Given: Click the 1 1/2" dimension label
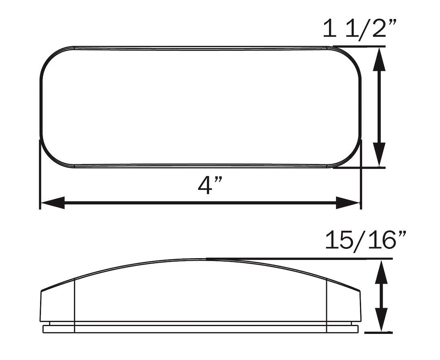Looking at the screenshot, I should (360, 29).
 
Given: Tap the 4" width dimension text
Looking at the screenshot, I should (209, 185).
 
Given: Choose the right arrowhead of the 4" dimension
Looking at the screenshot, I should (348, 202).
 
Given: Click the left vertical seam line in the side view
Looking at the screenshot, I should (75, 305).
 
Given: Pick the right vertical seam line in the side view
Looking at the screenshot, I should (327, 305).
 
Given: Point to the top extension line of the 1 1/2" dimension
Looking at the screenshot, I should (359, 46).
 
